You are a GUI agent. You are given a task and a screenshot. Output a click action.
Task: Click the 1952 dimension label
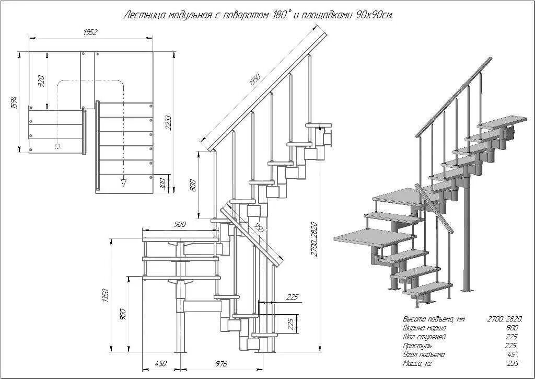(90, 32)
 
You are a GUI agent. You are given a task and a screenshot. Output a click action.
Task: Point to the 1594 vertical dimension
(15, 103)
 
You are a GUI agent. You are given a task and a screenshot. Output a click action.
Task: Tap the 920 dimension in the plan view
(42, 81)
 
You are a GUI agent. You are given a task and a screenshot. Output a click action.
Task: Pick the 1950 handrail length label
(255, 80)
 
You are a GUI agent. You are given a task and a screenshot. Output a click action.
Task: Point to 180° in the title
(280, 15)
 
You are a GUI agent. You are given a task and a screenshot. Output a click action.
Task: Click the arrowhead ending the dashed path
(124, 182)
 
